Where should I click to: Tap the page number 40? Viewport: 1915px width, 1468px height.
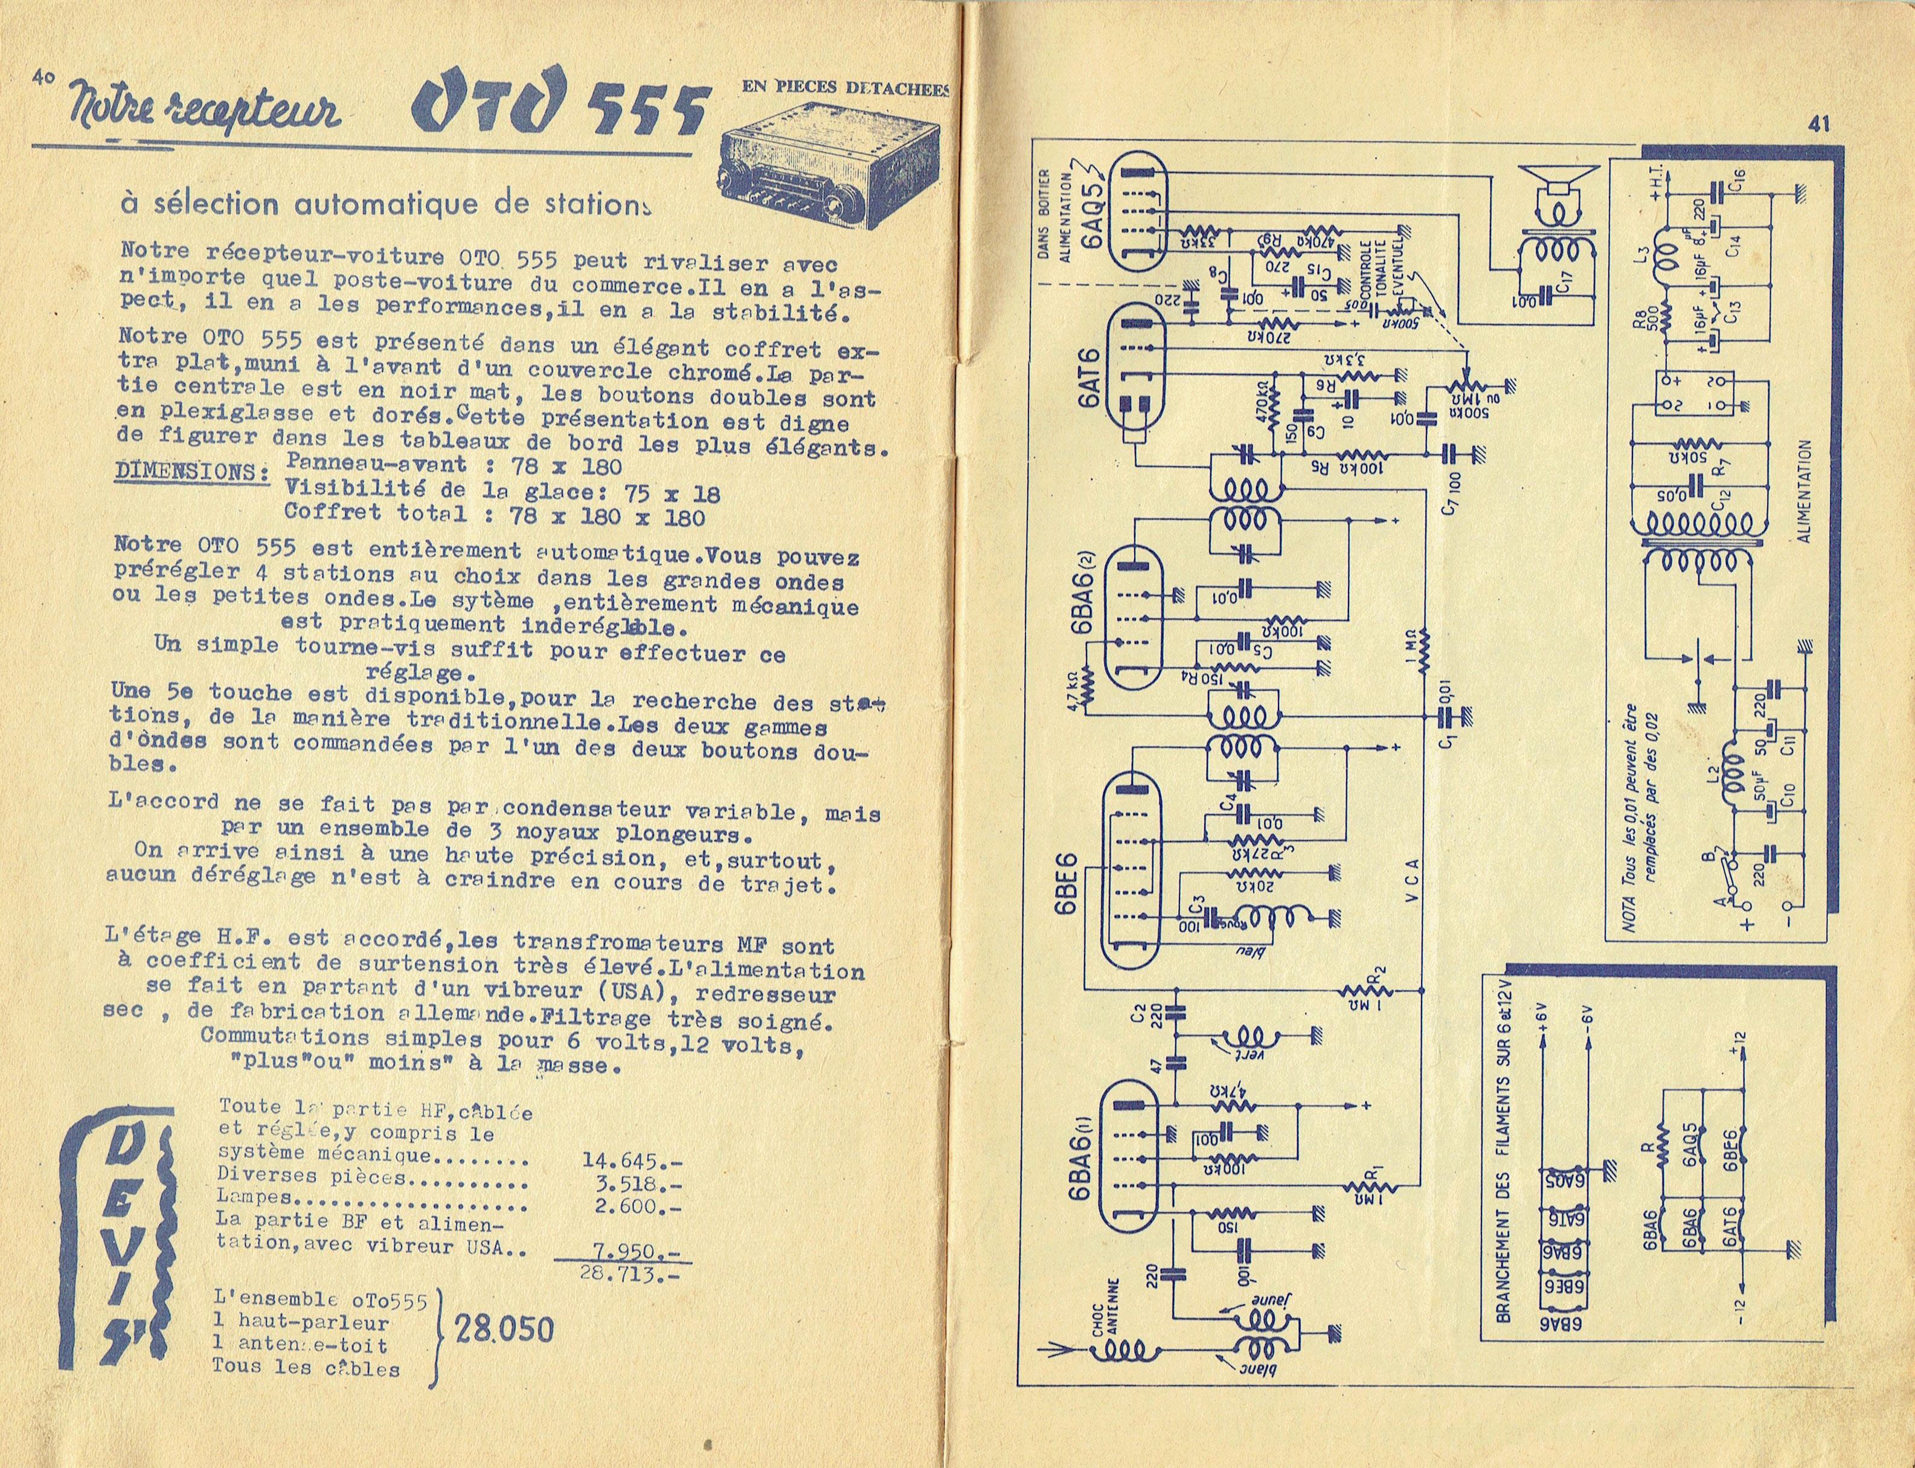coord(43,76)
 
